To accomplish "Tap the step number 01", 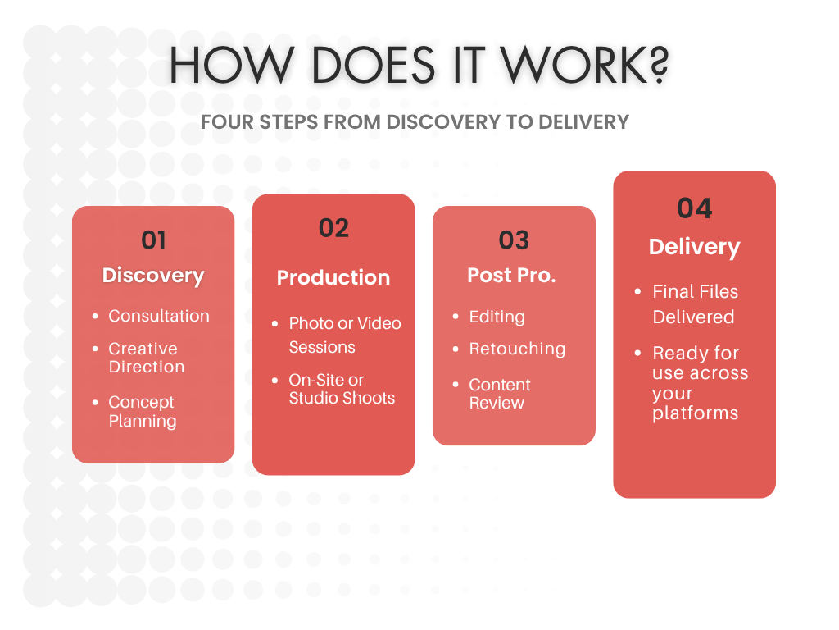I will [x=153, y=240].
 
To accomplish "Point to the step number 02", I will [x=333, y=228].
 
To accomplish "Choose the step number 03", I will [x=514, y=240].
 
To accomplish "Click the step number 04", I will [x=694, y=208].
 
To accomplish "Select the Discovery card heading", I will [x=153, y=275].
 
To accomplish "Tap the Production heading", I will [x=333, y=277].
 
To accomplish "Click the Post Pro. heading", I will [x=512, y=276].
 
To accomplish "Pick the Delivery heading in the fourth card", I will [x=694, y=247].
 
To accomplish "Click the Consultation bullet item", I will [x=159, y=316].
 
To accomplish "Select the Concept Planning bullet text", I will [x=143, y=412].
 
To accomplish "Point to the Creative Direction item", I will [x=147, y=358].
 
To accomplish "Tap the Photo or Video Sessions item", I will [x=345, y=335].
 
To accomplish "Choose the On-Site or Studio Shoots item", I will [x=342, y=389].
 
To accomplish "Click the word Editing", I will [x=497, y=317].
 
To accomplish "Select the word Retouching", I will [x=517, y=349].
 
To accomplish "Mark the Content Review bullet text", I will [x=499, y=394].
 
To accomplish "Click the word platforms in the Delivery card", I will [x=695, y=413].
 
